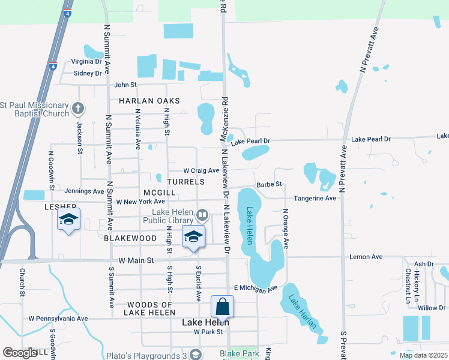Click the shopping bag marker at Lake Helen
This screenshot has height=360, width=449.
tap(222, 307)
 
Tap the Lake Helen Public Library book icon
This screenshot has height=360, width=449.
tap(203, 215)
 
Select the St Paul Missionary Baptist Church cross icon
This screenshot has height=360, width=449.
tap(77, 109)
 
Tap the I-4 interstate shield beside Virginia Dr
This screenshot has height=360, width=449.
tap(53, 66)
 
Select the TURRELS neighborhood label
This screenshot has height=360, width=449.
tap(186, 181)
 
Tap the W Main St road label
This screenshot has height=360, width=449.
tap(137, 260)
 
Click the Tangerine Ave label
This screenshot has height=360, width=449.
tap(315, 198)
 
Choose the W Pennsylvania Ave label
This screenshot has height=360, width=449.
tap(58, 319)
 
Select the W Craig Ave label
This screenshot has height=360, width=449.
tap(201, 170)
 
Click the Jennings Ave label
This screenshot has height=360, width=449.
tap(84, 191)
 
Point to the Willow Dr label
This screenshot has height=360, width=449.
tap(432, 308)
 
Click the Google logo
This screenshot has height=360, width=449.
tap(20, 353)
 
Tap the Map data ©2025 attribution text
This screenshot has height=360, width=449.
tap(423, 355)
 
